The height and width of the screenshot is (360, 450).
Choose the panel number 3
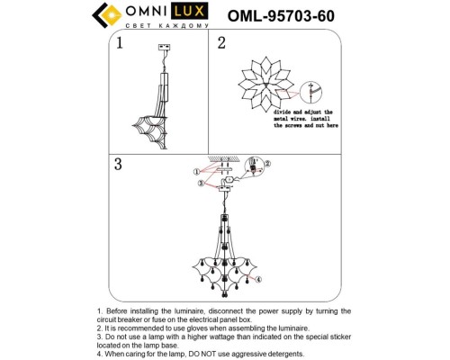point(117,165)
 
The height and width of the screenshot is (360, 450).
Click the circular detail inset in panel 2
point(311,92)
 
